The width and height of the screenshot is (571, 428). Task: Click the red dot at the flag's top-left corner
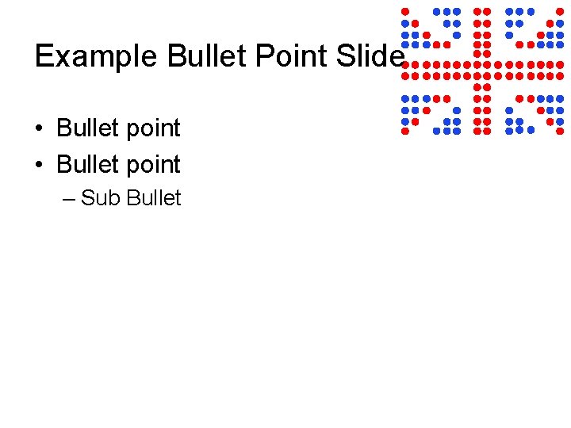[404, 11]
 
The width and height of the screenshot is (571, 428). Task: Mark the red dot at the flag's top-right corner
[560, 11]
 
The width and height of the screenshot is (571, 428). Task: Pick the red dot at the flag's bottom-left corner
[404, 130]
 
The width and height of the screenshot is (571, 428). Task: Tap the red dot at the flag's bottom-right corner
[560, 130]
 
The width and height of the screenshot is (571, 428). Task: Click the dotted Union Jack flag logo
[482, 71]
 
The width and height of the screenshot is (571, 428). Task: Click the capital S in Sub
[87, 198]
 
